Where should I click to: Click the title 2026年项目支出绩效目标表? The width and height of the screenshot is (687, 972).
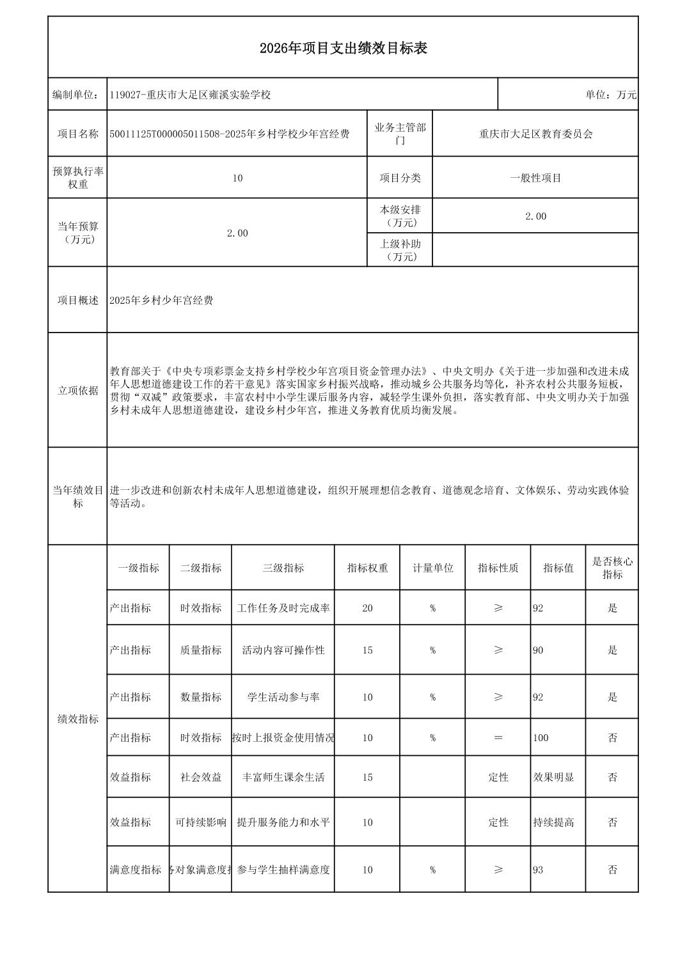pyautogui.click(x=343, y=48)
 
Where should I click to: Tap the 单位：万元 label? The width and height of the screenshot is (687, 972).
pyautogui.click(x=610, y=95)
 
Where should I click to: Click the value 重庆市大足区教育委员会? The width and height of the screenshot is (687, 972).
pyautogui.click(x=535, y=134)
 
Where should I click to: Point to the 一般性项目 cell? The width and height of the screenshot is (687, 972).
pyautogui.click(x=535, y=178)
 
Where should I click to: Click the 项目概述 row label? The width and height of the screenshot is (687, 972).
pyautogui.click(x=77, y=300)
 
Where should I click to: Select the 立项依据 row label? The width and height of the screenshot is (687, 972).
pyautogui.click(x=77, y=390)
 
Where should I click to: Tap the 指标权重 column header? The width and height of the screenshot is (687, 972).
pyautogui.click(x=367, y=568)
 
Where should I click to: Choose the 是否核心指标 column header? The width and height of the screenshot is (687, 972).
pyautogui.click(x=612, y=568)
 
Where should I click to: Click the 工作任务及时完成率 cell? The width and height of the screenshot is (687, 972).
pyautogui.click(x=283, y=607)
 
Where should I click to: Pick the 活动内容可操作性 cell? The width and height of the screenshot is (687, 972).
pyautogui.click(x=283, y=650)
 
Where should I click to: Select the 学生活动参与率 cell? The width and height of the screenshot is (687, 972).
pyautogui.click(x=283, y=697)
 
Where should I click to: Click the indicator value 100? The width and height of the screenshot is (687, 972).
pyautogui.click(x=541, y=737)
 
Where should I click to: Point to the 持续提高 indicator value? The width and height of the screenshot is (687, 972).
pyautogui.click(x=553, y=822)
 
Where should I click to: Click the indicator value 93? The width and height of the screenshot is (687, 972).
pyautogui.click(x=538, y=870)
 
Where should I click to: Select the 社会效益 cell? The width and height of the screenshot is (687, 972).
pyautogui.click(x=201, y=777)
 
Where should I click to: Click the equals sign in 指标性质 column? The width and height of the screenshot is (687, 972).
pyautogui.click(x=498, y=737)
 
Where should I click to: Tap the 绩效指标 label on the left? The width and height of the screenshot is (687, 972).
pyautogui.click(x=77, y=719)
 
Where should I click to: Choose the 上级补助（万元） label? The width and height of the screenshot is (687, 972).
pyautogui.click(x=400, y=250)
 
